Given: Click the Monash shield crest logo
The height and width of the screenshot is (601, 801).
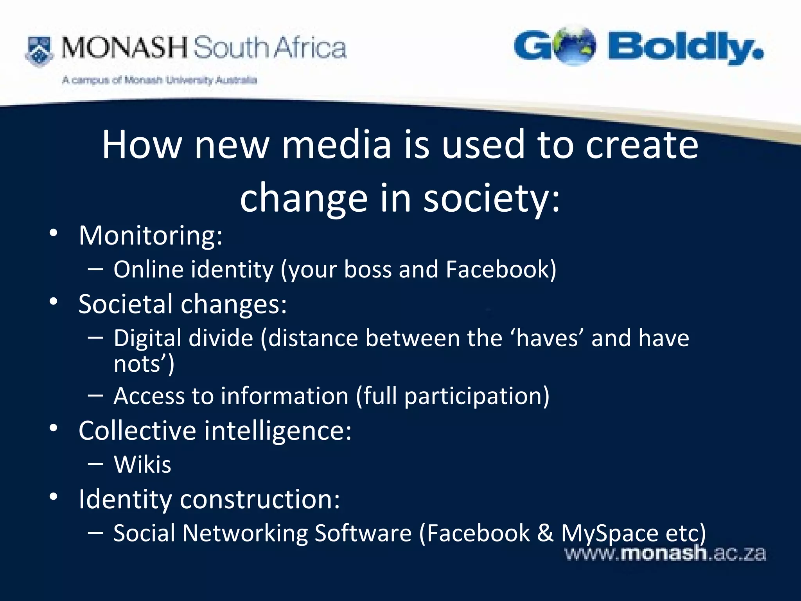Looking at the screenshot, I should (x=39, y=51).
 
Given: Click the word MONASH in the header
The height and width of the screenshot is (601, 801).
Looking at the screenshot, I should (x=124, y=48).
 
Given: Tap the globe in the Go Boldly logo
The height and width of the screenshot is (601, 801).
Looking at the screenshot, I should (x=574, y=45).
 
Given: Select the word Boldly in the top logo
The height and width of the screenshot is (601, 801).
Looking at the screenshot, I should (x=685, y=48).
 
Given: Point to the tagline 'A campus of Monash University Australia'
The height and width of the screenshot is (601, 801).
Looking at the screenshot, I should (x=159, y=80).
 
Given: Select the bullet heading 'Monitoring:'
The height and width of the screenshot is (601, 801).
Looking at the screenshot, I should (x=151, y=236).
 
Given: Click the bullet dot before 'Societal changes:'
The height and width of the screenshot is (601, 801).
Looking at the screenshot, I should (x=54, y=301).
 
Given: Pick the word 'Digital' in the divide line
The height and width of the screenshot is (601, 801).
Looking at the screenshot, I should (x=183, y=338).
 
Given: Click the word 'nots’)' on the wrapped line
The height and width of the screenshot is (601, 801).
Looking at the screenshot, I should (x=144, y=364).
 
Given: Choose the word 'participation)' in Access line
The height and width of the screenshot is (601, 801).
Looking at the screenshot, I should (x=476, y=396).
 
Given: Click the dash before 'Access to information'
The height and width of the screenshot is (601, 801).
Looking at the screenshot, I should (x=95, y=396).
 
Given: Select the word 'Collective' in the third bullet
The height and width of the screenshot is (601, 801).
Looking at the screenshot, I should (x=137, y=431).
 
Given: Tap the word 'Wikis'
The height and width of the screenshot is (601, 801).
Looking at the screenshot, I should (x=142, y=465).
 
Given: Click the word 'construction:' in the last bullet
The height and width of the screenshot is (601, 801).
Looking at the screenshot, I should (x=260, y=499).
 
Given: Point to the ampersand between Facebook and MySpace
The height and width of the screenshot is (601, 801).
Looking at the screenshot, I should (x=545, y=533).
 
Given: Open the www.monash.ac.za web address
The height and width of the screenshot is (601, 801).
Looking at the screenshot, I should (x=665, y=554).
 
